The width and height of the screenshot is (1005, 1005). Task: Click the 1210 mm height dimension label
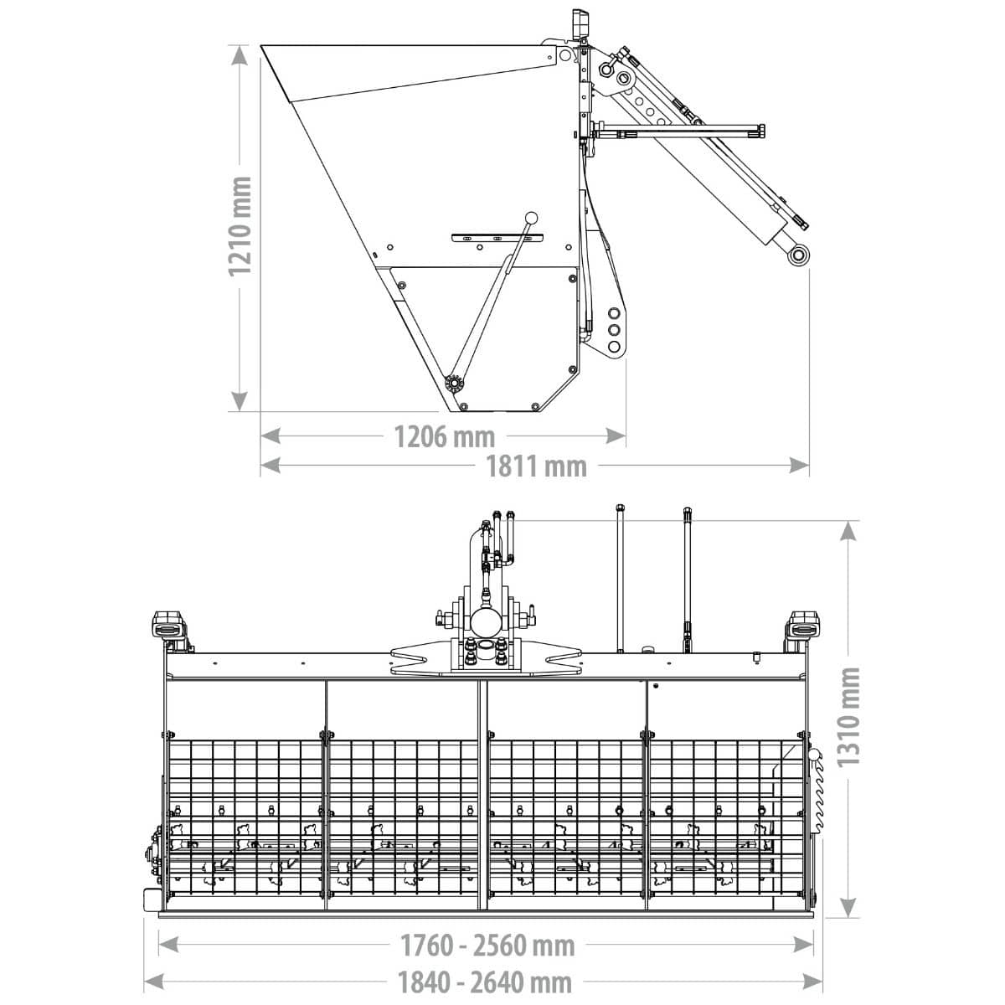point(240,226)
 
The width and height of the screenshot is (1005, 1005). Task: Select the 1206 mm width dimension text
point(445,436)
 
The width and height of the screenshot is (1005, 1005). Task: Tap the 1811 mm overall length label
point(536,466)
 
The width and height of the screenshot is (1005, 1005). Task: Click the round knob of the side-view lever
point(531,217)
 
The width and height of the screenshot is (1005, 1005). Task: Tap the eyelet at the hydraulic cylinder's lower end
point(798,255)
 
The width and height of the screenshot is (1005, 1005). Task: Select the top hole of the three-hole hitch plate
point(614,313)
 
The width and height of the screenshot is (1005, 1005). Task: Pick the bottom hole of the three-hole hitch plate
point(614,346)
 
